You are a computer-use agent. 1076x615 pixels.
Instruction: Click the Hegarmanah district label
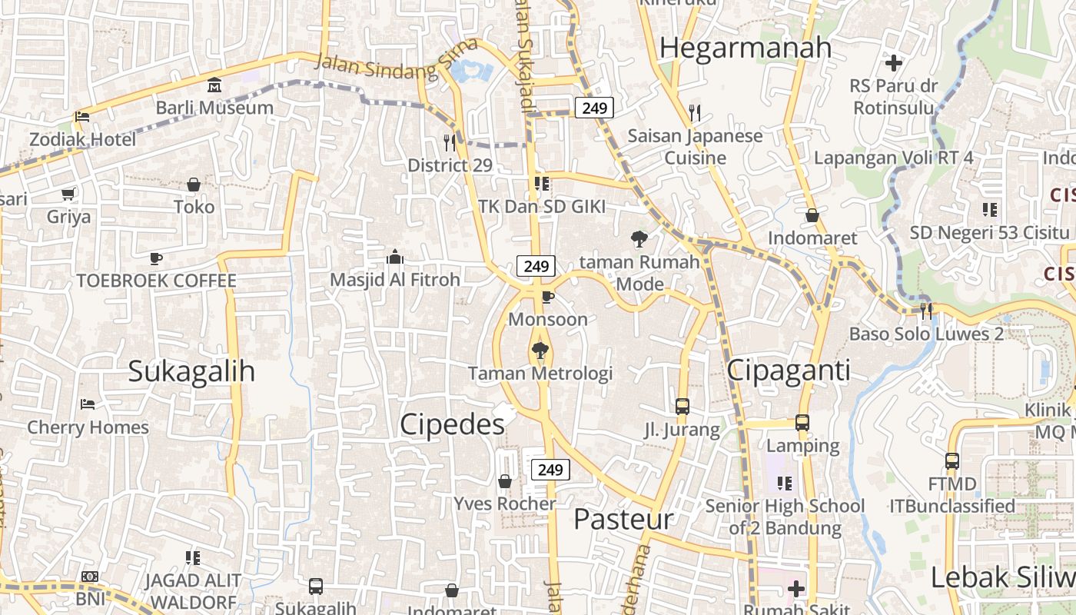[745, 48]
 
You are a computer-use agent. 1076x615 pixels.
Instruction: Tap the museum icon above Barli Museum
[214, 85]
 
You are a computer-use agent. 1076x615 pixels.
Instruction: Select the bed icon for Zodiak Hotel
[82, 117]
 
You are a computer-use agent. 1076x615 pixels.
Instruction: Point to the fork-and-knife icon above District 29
[450, 142]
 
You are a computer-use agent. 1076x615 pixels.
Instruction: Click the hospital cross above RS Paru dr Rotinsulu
[893, 62]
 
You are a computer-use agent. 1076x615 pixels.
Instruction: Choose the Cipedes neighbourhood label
[453, 424]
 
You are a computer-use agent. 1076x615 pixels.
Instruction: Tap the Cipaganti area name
[788, 371]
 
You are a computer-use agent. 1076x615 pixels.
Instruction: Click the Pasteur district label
[623, 519]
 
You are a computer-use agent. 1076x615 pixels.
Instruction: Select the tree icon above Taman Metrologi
[540, 351]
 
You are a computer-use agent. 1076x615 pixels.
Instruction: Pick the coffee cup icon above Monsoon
[547, 297]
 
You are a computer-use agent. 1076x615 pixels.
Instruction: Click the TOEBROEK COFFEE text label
[156, 281]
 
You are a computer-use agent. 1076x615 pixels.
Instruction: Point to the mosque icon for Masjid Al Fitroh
[395, 257]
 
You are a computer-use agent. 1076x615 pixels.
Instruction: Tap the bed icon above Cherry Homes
[88, 404]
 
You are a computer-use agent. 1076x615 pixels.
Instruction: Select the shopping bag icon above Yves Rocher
[505, 481]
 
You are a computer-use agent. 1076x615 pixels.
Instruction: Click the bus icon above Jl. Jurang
[682, 407]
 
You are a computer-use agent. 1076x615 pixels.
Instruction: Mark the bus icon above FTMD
[951, 461]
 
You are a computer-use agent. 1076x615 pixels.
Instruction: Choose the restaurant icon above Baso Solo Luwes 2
[926, 311]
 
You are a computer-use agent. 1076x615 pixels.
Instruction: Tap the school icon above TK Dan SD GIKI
[541, 184]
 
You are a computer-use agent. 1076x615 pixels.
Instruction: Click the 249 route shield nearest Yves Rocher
[550, 470]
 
